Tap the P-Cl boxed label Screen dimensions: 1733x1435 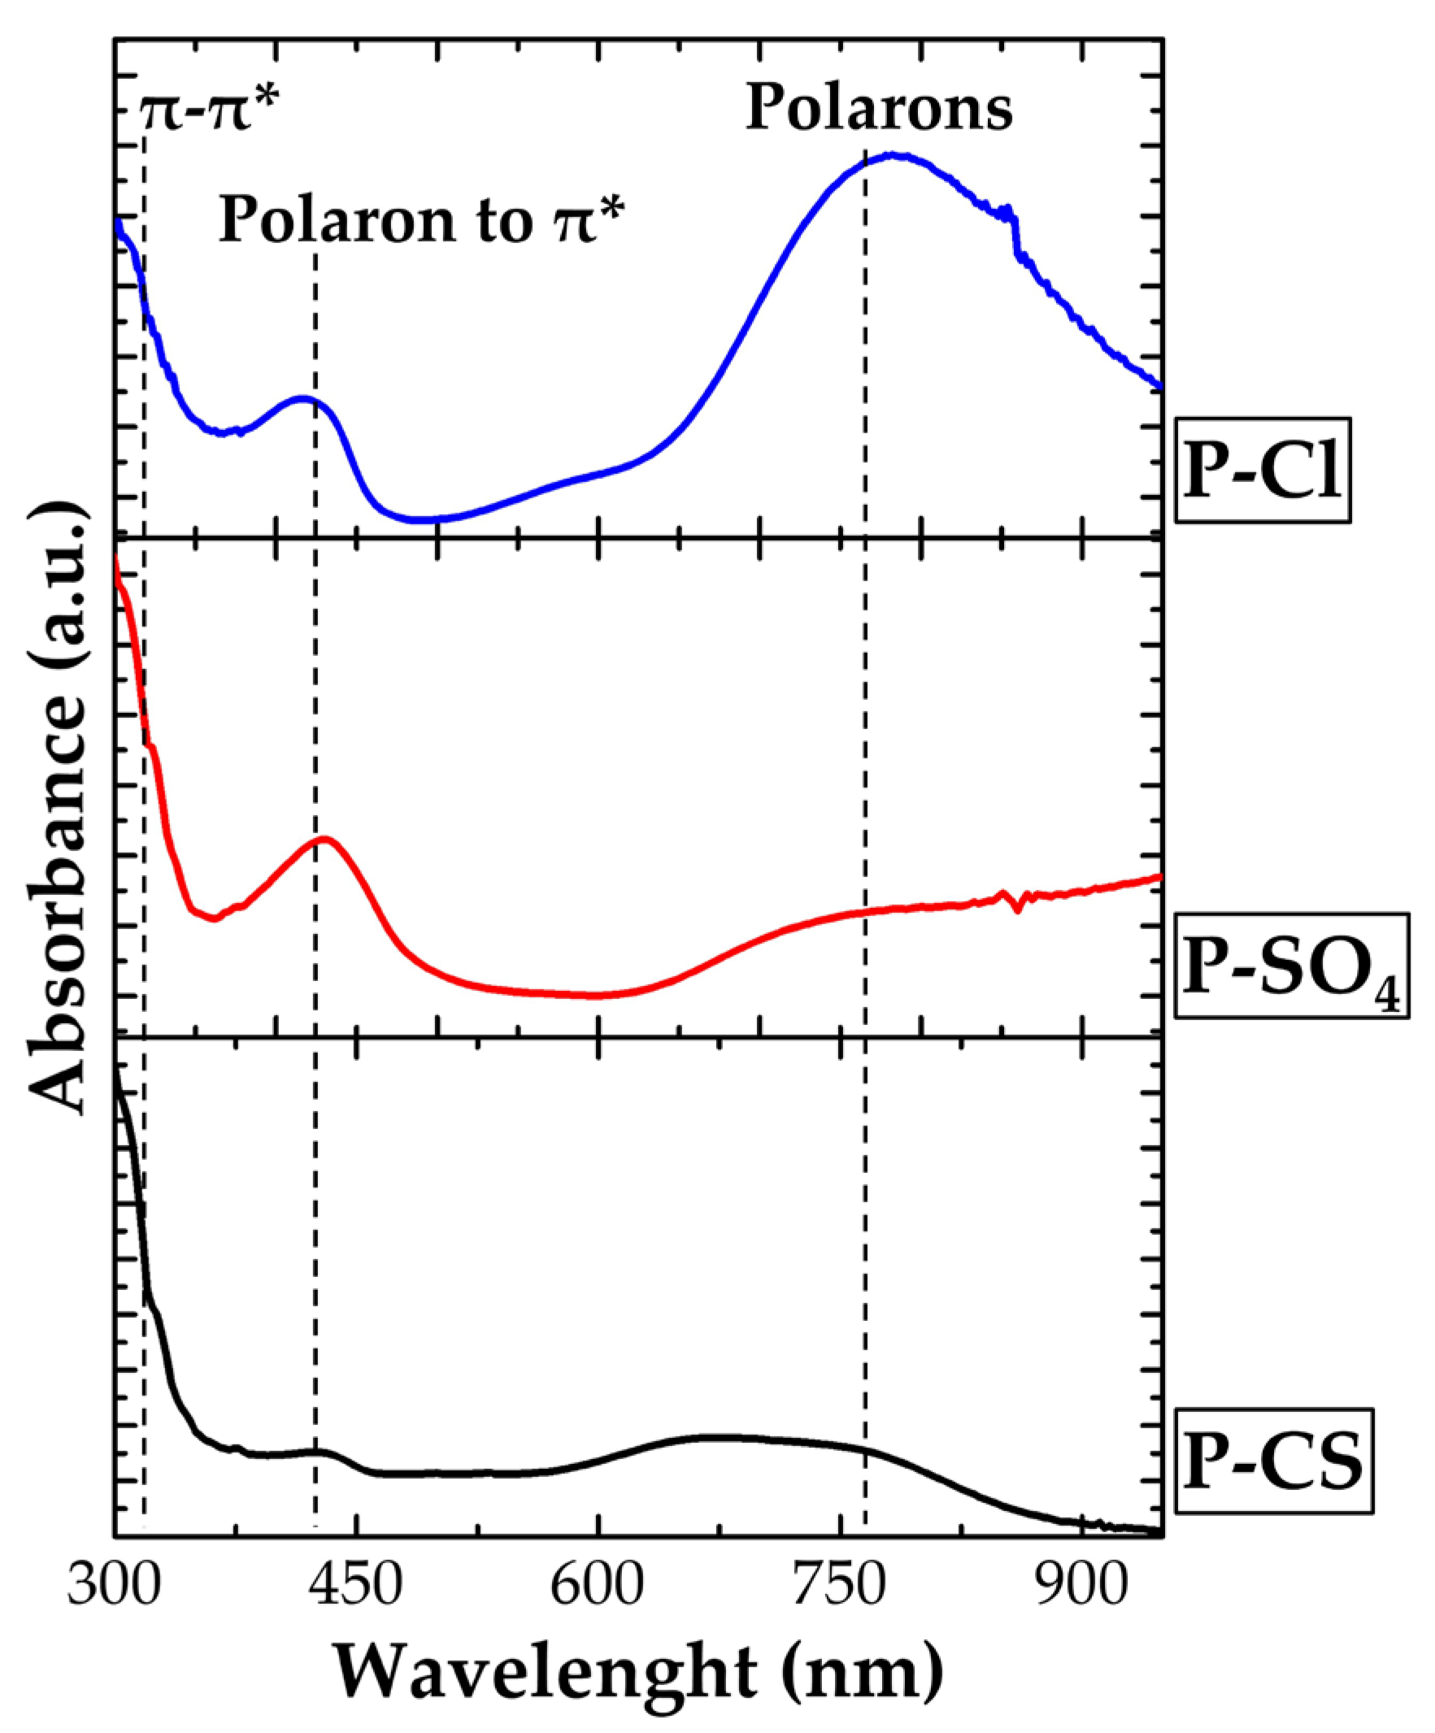click(x=1263, y=471)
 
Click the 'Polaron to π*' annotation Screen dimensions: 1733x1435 click(x=421, y=220)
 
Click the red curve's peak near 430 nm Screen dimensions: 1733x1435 click(x=325, y=839)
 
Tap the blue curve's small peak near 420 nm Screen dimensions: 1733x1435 click(x=306, y=398)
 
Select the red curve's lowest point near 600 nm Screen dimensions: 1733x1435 click(x=594, y=995)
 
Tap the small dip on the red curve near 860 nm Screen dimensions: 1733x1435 click(x=1017, y=910)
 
